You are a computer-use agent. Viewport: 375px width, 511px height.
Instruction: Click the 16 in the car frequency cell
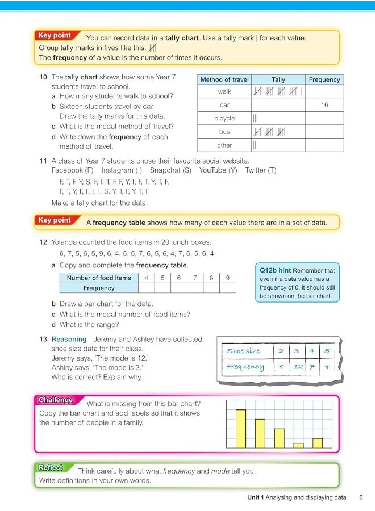click(324, 105)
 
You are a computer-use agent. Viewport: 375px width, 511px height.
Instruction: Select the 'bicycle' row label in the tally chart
click(224, 118)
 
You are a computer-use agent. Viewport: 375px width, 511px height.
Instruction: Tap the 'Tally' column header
click(278, 80)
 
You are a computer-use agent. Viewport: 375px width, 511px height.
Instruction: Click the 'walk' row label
click(224, 91)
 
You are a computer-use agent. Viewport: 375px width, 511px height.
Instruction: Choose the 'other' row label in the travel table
click(224, 145)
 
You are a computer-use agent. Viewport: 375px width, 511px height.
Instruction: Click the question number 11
click(43, 161)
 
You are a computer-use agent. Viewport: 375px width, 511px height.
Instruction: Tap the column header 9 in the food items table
click(227, 278)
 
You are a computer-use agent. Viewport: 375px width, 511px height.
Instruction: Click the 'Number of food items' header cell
click(99, 278)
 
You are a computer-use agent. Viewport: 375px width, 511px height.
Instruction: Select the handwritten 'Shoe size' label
click(243, 351)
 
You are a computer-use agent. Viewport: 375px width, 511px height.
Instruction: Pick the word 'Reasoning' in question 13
click(68, 339)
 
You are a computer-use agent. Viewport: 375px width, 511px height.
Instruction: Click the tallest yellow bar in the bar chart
click(240, 429)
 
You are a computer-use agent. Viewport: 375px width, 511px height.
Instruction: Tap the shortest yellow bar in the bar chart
click(298, 446)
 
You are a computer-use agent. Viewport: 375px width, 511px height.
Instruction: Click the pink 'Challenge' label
click(56, 400)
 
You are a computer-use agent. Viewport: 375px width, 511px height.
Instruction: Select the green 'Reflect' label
click(51, 468)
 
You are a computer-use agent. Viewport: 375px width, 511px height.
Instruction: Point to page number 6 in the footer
click(361, 497)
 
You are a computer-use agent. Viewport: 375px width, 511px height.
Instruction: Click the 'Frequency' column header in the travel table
click(324, 80)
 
